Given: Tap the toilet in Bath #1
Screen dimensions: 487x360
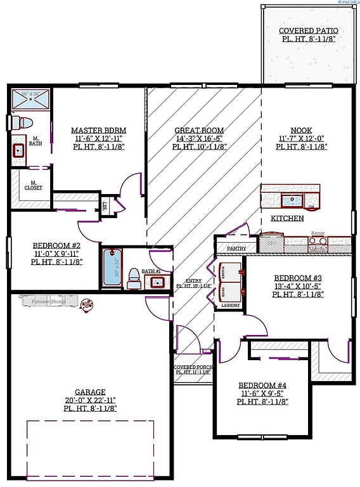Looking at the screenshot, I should (134, 277).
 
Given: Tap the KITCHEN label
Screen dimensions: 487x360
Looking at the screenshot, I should (287, 218).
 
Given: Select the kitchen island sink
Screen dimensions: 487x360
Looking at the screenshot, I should (292, 201).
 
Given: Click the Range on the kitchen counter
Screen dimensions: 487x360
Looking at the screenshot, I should (317, 242).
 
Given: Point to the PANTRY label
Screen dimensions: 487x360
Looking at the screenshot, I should (236, 249).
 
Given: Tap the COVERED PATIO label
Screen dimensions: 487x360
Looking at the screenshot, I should (309, 30).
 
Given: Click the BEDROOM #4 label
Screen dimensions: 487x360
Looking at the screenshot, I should (263, 385).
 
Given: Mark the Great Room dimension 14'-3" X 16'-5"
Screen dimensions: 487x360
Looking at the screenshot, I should (199, 138).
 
